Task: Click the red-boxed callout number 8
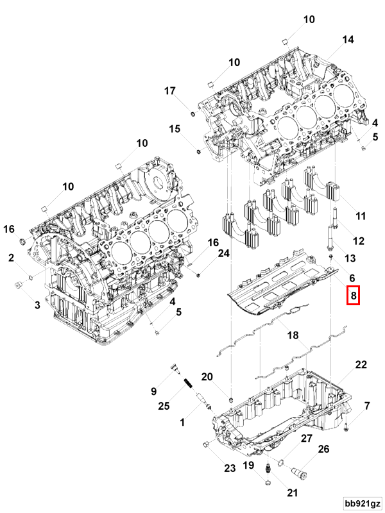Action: (x=352, y=296)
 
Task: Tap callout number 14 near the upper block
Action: (x=347, y=40)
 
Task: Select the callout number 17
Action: (x=169, y=91)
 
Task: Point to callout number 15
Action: (x=175, y=130)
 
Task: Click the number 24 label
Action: (x=223, y=254)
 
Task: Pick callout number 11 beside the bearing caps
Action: (x=360, y=217)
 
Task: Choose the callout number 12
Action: (x=359, y=241)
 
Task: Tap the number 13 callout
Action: (x=350, y=258)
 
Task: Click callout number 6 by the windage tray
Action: (x=352, y=278)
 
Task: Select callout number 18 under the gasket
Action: (x=293, y=335)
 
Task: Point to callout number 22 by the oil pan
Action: (x=361, y=365)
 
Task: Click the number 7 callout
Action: (x=367, y=406)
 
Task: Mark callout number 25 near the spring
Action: (x=164, y=406)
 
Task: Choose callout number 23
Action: (x=230, y=469)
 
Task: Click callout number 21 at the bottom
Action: (x=293, y=493)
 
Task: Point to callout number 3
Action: (x=37, y=305)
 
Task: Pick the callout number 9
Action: (x=154, y=391)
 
